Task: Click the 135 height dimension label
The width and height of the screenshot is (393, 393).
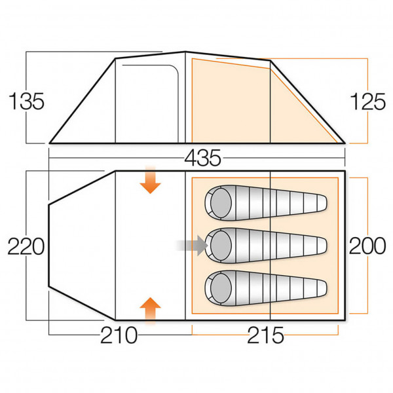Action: (27, 102)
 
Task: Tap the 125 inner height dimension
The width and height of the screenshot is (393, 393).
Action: (367, 102)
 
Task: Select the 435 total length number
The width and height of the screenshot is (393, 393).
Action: (203, 159)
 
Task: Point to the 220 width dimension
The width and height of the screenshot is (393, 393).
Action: (26, 246)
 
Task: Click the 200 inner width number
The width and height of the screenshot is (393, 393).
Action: (367, 246)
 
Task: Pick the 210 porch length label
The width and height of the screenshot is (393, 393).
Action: (119, 335)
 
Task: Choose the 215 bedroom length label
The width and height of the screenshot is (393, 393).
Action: (265, 335)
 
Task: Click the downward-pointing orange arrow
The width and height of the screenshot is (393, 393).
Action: (151, 179)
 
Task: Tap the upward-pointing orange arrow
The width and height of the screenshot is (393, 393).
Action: (151, 311)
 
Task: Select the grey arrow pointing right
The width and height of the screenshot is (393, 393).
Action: (192, 246)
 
